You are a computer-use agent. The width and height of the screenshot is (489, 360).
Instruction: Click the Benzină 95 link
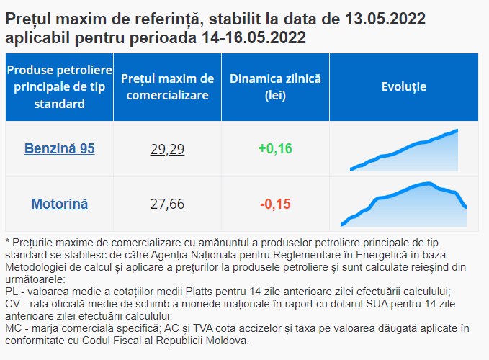click(59, 148)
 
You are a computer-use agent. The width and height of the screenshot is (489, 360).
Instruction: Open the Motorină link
click(59, 204)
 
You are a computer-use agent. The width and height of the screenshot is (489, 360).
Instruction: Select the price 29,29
click(167, 149)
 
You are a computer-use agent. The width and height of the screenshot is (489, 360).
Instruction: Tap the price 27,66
click(167, 204)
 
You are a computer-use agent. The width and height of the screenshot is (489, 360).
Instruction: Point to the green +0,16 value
click(275, 148)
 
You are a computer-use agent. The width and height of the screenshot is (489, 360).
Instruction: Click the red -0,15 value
click(275, 204)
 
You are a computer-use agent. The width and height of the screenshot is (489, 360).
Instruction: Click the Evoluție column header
click(404, 86)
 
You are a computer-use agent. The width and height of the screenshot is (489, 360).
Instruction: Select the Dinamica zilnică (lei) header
click(275, 87)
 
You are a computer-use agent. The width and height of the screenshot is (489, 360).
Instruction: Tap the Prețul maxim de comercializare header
click(168, 87)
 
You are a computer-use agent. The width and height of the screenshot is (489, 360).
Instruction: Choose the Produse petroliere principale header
click(59, 87)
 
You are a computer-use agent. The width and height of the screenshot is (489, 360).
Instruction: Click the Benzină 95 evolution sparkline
click(404, 150)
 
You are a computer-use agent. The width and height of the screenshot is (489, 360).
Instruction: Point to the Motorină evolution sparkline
click(403, 204)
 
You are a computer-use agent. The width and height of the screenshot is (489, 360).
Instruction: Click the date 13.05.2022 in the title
click(385, 19)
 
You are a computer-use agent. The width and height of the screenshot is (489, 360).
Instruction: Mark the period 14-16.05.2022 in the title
click(254, 37)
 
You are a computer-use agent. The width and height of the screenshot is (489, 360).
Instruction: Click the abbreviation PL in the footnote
click(12, 292)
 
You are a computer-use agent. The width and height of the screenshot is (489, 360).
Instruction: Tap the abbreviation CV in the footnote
click(12, 304)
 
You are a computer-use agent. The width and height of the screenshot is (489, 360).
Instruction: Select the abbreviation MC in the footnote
click(12, 328)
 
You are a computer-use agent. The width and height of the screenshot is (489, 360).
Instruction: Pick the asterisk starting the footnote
click(7, 241)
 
